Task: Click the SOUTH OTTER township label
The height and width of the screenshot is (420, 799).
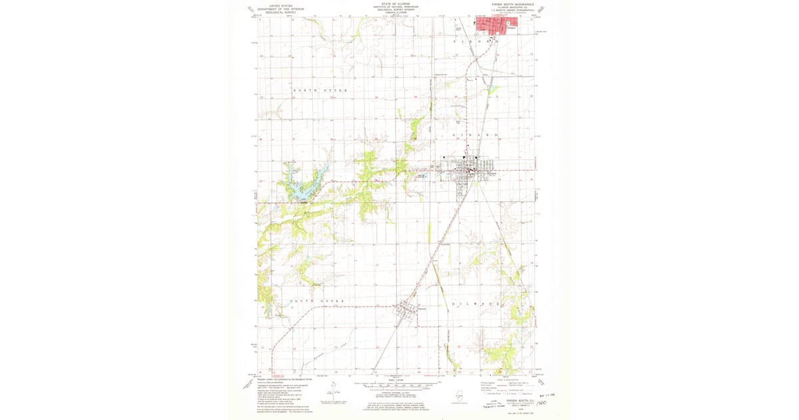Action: coord(317,301)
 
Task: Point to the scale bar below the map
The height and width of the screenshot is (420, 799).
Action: coord(397,385)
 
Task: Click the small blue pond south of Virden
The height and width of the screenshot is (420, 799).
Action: coord(494,88)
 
